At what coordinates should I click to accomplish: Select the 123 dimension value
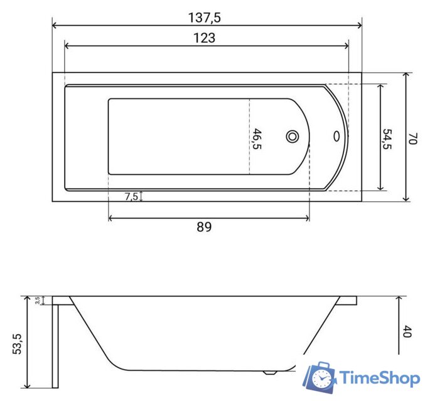click(x=205, y=38)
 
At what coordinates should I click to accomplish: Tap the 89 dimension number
click(x=204, y=227)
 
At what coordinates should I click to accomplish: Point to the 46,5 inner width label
click(x=257, y=138)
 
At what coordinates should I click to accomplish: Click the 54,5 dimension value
click(x=387, y=139)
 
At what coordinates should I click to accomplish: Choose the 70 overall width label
click(x=412, y=138)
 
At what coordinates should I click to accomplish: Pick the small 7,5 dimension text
click(x=131, y=196)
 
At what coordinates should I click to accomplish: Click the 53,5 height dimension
click(x=17, y=344)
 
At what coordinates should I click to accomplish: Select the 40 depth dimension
click(x=406, y=331)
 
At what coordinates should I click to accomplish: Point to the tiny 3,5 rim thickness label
click(x=38, y=301)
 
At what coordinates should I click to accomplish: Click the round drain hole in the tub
click(x=293, y=136)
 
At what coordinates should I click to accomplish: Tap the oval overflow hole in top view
click(x=337, y=136)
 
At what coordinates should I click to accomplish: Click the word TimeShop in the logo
click(x=379, y=378)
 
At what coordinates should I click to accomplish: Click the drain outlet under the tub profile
click(x=271, y=372)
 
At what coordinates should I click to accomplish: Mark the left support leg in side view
click(x=55, y=345)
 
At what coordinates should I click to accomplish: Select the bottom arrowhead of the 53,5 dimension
click(x=28, y=385)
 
